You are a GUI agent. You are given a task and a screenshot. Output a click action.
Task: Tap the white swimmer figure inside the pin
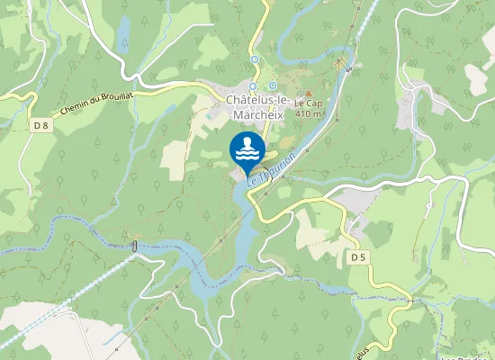coord(246,144)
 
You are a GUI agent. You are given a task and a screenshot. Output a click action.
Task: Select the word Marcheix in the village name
coord(256,114)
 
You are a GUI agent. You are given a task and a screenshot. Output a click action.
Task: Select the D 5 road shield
coord(358,257)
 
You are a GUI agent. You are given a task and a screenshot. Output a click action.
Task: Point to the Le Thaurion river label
coord(271,167)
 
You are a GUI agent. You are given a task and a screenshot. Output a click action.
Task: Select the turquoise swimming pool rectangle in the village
coord(210,116)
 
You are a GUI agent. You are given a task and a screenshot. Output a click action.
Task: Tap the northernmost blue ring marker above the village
coord(254,59)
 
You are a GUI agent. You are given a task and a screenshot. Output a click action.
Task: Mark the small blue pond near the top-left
coord(122,38)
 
